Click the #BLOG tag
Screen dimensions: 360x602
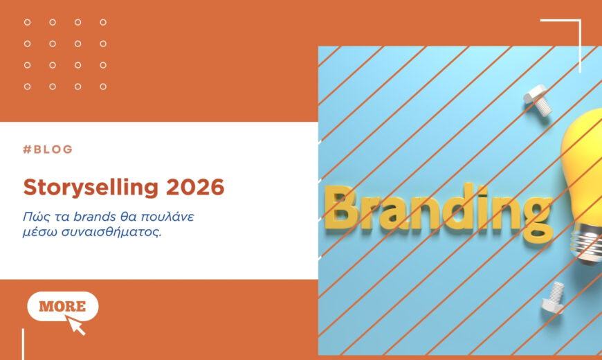[x=48, y=150]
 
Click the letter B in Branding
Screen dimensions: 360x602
[x=345, y=208]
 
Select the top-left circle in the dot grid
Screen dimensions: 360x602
[x=28, y=22]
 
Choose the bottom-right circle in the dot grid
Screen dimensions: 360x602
[x=103, y=87]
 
